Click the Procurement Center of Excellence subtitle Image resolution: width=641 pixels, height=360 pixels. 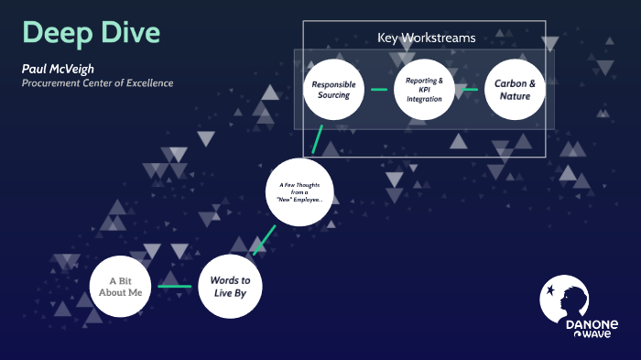point(97,83)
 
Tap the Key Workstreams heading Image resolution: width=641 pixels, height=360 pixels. point(427,38)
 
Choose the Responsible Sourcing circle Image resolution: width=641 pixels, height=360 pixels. point(333,89)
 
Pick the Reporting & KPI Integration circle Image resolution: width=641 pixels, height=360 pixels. point(424,89)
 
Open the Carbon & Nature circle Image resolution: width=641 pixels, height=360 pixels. point(515,89)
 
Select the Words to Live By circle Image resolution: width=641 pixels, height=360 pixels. point(230,286)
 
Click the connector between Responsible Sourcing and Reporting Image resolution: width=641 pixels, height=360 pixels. point(378,90)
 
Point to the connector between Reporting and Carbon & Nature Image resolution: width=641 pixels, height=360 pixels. point(470,90)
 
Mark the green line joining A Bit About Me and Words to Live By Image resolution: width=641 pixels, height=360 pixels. point(175,287)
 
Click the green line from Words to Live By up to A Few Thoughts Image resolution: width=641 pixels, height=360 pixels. point(264,239)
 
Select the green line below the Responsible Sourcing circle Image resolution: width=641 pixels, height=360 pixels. point(317,138)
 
